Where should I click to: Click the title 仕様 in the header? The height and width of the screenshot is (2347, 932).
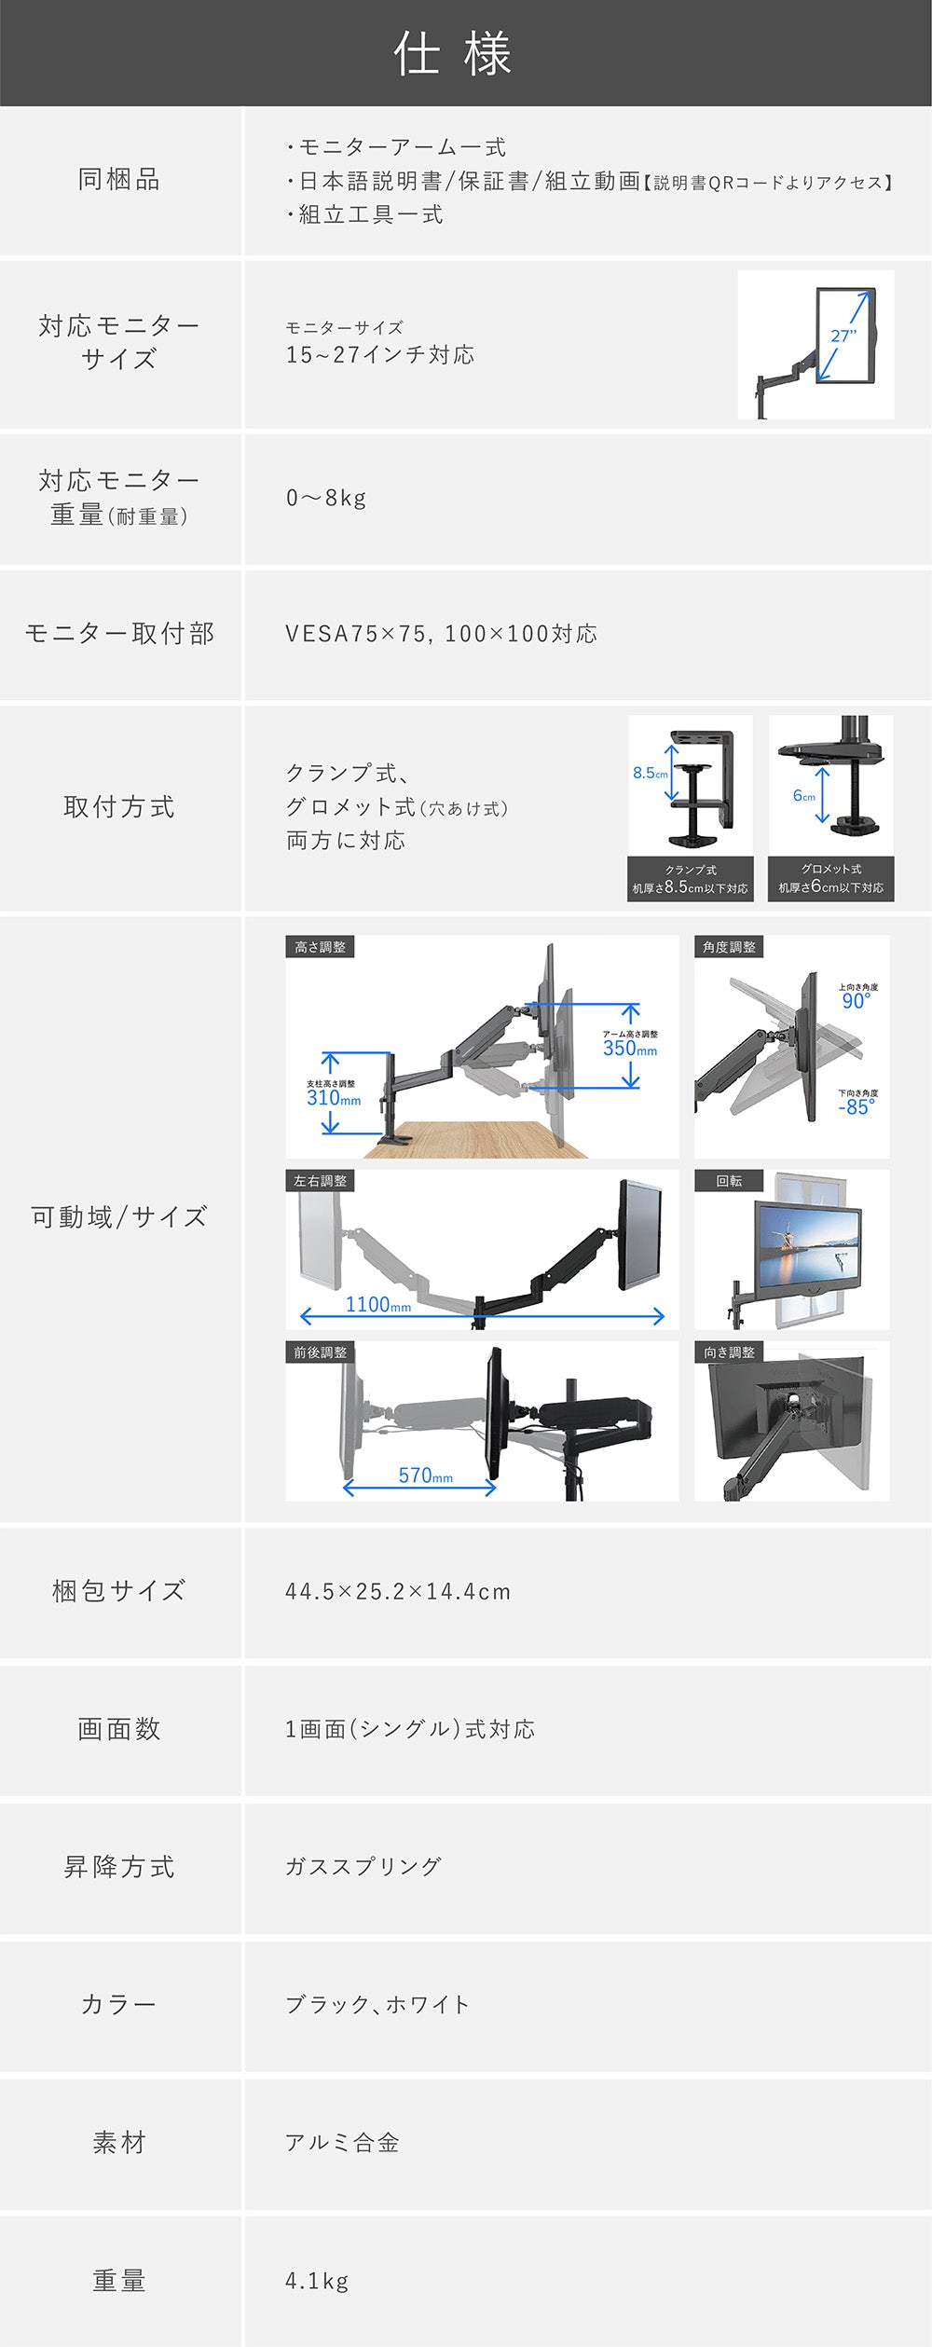tap(453, 53)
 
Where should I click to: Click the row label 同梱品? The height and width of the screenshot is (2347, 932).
tap(119, 179)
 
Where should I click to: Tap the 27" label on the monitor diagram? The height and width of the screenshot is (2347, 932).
tap(843, 336)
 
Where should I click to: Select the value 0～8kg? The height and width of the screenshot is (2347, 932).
tap(326, 498)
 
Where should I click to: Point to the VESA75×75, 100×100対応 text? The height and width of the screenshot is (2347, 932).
tap(441, 634)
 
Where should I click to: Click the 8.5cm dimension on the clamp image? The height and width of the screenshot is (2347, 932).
tap(651, 773)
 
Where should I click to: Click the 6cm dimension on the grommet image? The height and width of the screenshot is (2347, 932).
tap(804, 795)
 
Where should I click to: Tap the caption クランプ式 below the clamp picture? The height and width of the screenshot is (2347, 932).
tap(691, 870)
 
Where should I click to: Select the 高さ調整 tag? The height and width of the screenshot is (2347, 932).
tap(320, 947)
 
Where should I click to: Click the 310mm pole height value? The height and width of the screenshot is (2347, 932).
tap(334, 1098)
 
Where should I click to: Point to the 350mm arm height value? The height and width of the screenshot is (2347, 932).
tap(630, 1049)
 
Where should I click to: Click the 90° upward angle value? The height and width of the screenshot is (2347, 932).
tap(857, 1001)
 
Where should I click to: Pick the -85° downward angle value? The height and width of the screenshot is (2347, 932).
tap(857, 1107)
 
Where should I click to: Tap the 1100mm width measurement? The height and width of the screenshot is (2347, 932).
tap(378, 1305)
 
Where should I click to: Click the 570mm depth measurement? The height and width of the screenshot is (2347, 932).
tap(426, 1475)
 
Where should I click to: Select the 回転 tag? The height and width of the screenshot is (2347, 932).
tap(729, 1181)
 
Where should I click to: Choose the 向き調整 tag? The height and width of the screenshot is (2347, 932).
tap(729, 1352)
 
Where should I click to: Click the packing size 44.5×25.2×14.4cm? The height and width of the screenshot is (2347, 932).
tap(398, 1592)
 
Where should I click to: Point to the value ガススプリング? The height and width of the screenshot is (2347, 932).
tap(363, 1867)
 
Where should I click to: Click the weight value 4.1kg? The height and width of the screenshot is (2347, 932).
tap(317, 2281)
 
